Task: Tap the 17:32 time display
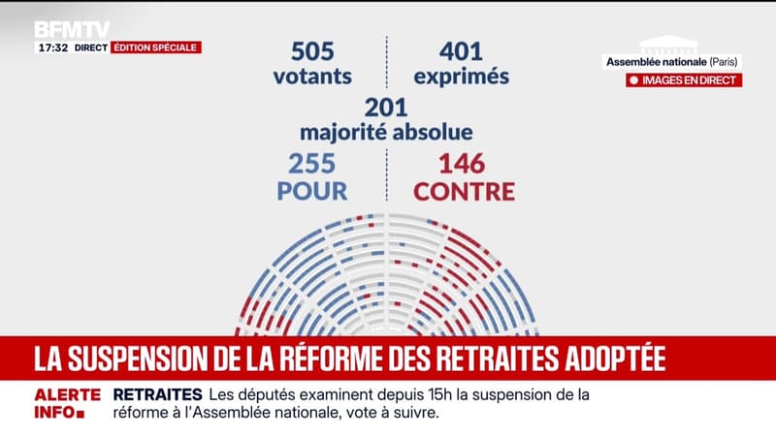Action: coord(51,47)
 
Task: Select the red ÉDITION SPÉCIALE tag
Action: coord(156,47)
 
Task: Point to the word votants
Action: coord(312,75)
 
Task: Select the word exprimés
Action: coord(460,75)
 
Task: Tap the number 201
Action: coord(386,107)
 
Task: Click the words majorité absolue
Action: coord(386,131)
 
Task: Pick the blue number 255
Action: coord(312,164)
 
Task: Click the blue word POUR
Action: coord(312,191)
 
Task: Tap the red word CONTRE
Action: coord(464,191)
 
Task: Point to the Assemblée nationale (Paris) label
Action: coord(671,63)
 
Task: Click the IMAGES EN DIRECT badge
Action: coord(684,80)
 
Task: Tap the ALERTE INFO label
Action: coord(68,403)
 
